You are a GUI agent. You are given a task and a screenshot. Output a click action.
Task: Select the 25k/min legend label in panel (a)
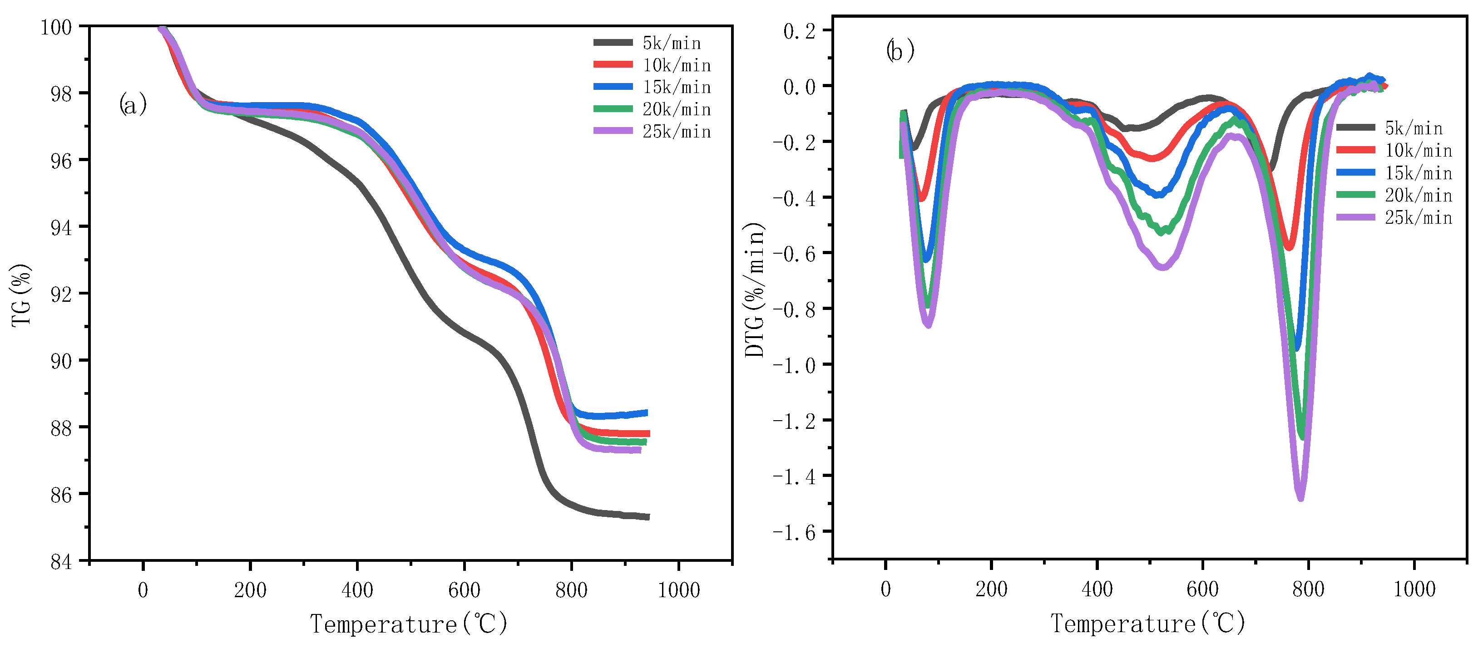[x=677, y=131]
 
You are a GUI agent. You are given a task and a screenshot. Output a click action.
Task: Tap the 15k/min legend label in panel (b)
[x=1418, y=172]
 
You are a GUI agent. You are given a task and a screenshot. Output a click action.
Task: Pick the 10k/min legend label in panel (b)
[x=1418, y=150]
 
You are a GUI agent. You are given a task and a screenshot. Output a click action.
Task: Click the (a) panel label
[x=133, y=105]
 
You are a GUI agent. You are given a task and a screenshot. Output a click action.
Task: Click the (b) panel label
[x=900, y=51]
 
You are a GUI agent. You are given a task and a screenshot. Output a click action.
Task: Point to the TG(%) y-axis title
[x=21, y=295]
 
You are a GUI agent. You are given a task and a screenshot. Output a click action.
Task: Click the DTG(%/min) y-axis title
[x=755, y=290]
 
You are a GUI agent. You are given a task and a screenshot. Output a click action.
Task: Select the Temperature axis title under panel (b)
[x=1147, y=623]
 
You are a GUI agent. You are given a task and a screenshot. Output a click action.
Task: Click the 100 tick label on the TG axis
[x=56, y=27]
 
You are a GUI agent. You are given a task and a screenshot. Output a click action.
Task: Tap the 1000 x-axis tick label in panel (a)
[x=679, y=590]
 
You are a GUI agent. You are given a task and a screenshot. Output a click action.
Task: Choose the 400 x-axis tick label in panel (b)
[x=1097, y=589]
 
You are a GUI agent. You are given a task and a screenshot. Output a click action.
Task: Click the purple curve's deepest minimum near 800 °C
[x=1300, y=497]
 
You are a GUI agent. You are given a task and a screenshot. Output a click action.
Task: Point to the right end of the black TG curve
[x=648, y=517]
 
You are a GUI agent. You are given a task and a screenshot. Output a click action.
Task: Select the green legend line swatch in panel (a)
[x=613, y=109]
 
